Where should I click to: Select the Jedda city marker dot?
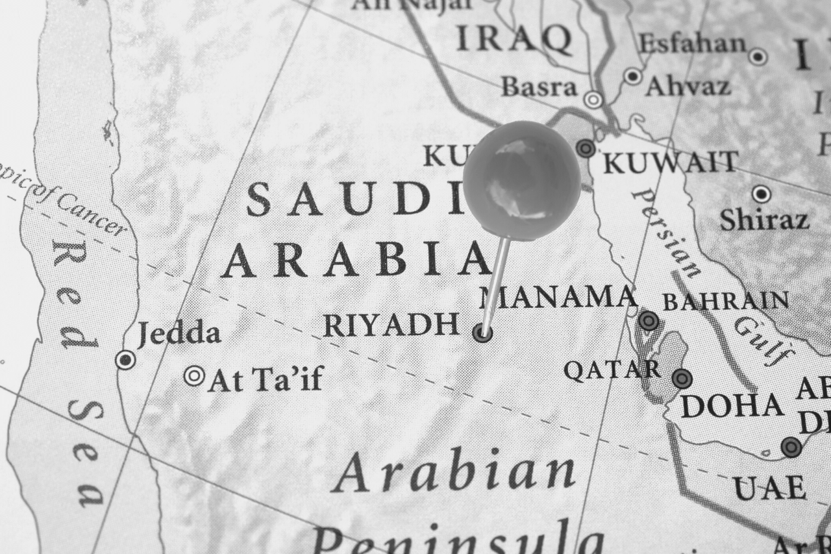point(125,359)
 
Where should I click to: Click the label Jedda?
point(179,334)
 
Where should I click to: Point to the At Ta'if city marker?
point(194,375)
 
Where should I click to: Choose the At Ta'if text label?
point(266,379)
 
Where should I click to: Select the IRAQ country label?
point(514,39)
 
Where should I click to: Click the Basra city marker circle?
point(593,99)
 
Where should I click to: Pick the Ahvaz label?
point(688,86)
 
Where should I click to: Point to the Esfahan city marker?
point(758,57)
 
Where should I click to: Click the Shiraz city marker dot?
point(762,194)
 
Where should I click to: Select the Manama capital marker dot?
point(648,320)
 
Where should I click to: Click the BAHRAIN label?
point(725,301)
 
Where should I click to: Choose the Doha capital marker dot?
point(682,378)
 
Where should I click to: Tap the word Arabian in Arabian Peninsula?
point(454,473)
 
